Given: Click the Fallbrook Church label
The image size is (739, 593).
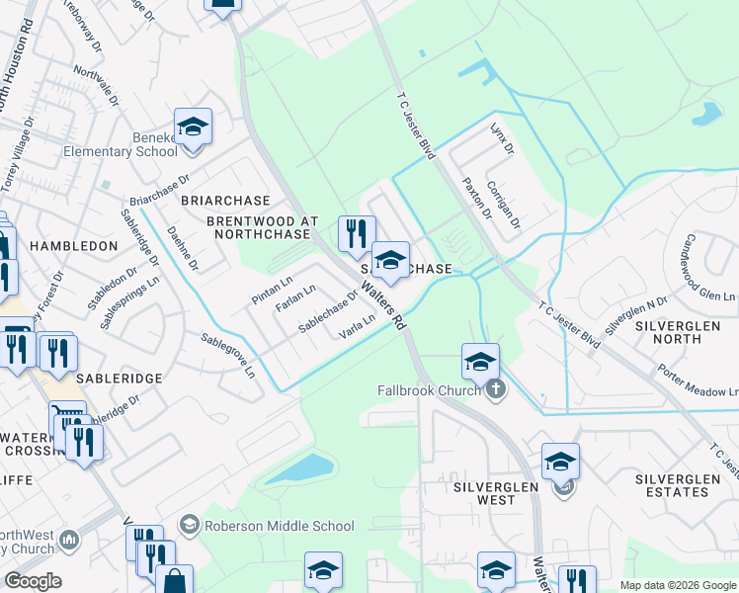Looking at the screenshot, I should [431, 390].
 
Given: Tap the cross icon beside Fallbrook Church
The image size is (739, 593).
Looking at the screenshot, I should [496, 389].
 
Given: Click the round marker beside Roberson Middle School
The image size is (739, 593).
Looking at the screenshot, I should [190, 524].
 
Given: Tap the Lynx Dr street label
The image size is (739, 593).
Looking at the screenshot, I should [503, 139].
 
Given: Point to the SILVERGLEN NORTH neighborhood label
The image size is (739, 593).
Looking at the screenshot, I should [681, 331].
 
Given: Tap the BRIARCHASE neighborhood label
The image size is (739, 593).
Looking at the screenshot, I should [219, 199].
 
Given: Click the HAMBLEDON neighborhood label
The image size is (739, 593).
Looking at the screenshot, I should [66, 244].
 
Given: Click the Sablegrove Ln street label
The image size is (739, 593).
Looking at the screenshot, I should [228, 356].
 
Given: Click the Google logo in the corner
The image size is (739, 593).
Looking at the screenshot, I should [33, 581].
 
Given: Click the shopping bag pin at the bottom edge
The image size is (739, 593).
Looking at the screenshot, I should [174, 581].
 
